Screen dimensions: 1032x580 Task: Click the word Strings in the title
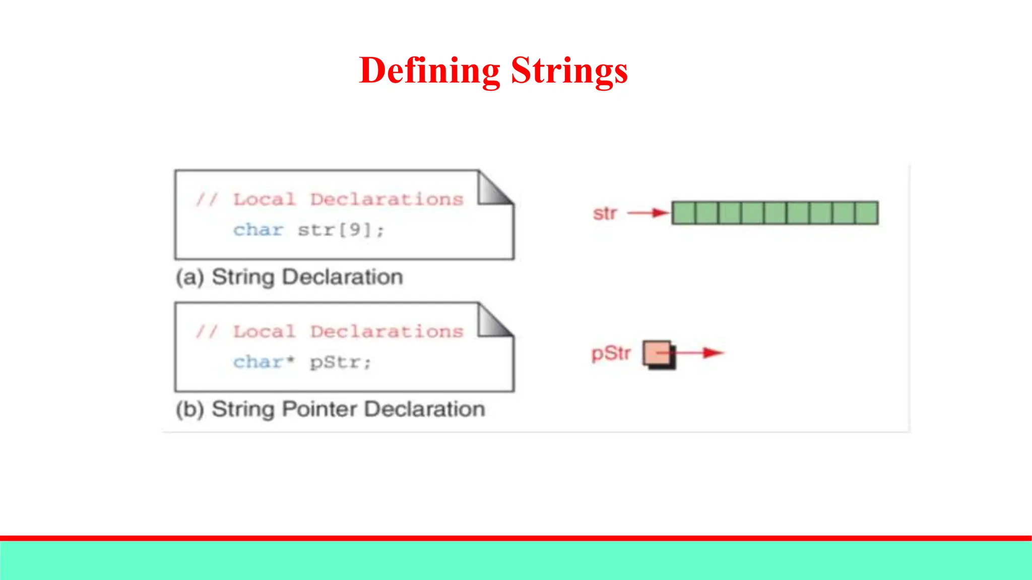tap(569, 70)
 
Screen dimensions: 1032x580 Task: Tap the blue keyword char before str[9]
tap(258, 230)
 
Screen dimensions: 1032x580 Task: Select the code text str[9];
tap(341, 230)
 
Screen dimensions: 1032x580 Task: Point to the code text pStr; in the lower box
tap(341, 362)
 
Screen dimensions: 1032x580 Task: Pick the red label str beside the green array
tap(605, 213)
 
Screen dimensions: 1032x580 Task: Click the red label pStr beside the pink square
tap(611, 353)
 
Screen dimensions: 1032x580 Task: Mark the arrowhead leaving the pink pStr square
tap(714, 353)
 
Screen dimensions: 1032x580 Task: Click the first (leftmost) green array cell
tap(684, 213)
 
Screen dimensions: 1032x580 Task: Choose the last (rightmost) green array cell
tap(867, 213)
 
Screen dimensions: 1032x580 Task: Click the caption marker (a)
tap(190, 277)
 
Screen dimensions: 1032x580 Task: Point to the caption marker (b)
tap(190, 409)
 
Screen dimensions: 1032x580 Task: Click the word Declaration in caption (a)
tap(342, 277)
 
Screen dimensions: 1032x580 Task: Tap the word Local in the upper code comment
tap(264, 199)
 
